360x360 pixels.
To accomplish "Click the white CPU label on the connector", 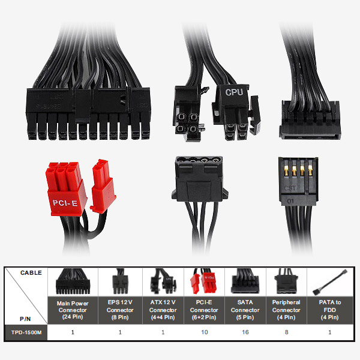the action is [234, 92].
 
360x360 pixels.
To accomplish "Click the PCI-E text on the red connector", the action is [65, 203].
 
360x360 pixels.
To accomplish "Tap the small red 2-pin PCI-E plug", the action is [103, 187].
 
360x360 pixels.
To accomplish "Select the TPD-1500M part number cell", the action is [26, 332].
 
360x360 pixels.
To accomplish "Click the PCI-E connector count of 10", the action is [205, 332].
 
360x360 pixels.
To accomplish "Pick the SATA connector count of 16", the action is [245, 332].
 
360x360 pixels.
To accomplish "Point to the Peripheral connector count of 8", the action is [286, 332].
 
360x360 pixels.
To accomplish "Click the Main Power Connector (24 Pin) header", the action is [73, 310].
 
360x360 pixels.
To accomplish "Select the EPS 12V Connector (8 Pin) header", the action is [120, 310].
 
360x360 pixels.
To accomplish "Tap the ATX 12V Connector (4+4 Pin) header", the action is [163, 310].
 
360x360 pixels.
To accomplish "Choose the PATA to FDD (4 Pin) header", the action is [329, 310].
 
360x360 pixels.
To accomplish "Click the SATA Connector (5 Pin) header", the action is [245, 310].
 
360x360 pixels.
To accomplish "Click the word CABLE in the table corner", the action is [31, 273].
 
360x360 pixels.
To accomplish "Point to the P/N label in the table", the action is [25, 319].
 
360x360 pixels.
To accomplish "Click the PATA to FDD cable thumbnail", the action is [330, 282].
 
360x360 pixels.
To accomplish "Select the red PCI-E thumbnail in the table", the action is [203, 281].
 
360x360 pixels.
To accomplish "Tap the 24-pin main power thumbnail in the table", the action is [73, 281].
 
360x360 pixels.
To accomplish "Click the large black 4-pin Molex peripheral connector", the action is [200, 179].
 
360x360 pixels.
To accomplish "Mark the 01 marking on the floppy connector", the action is [290, 202].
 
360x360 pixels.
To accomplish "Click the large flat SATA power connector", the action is [310, 120].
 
